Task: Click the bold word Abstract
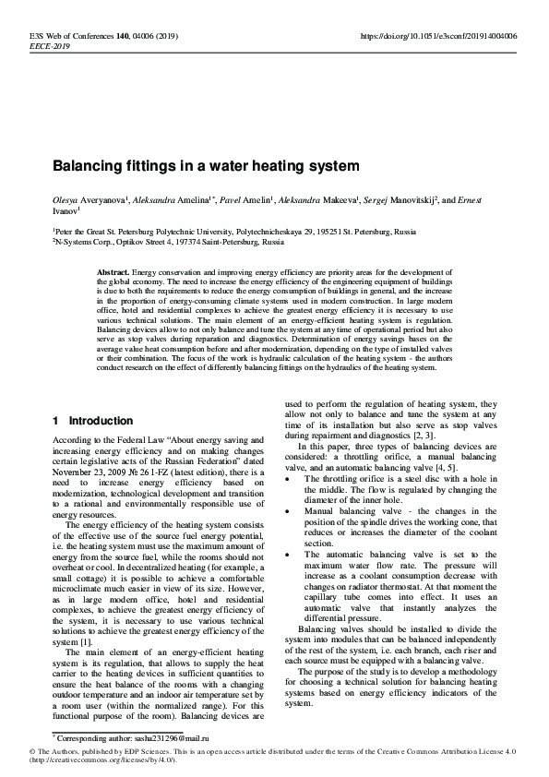pos(113,274)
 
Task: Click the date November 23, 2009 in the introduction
pos(94,470)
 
